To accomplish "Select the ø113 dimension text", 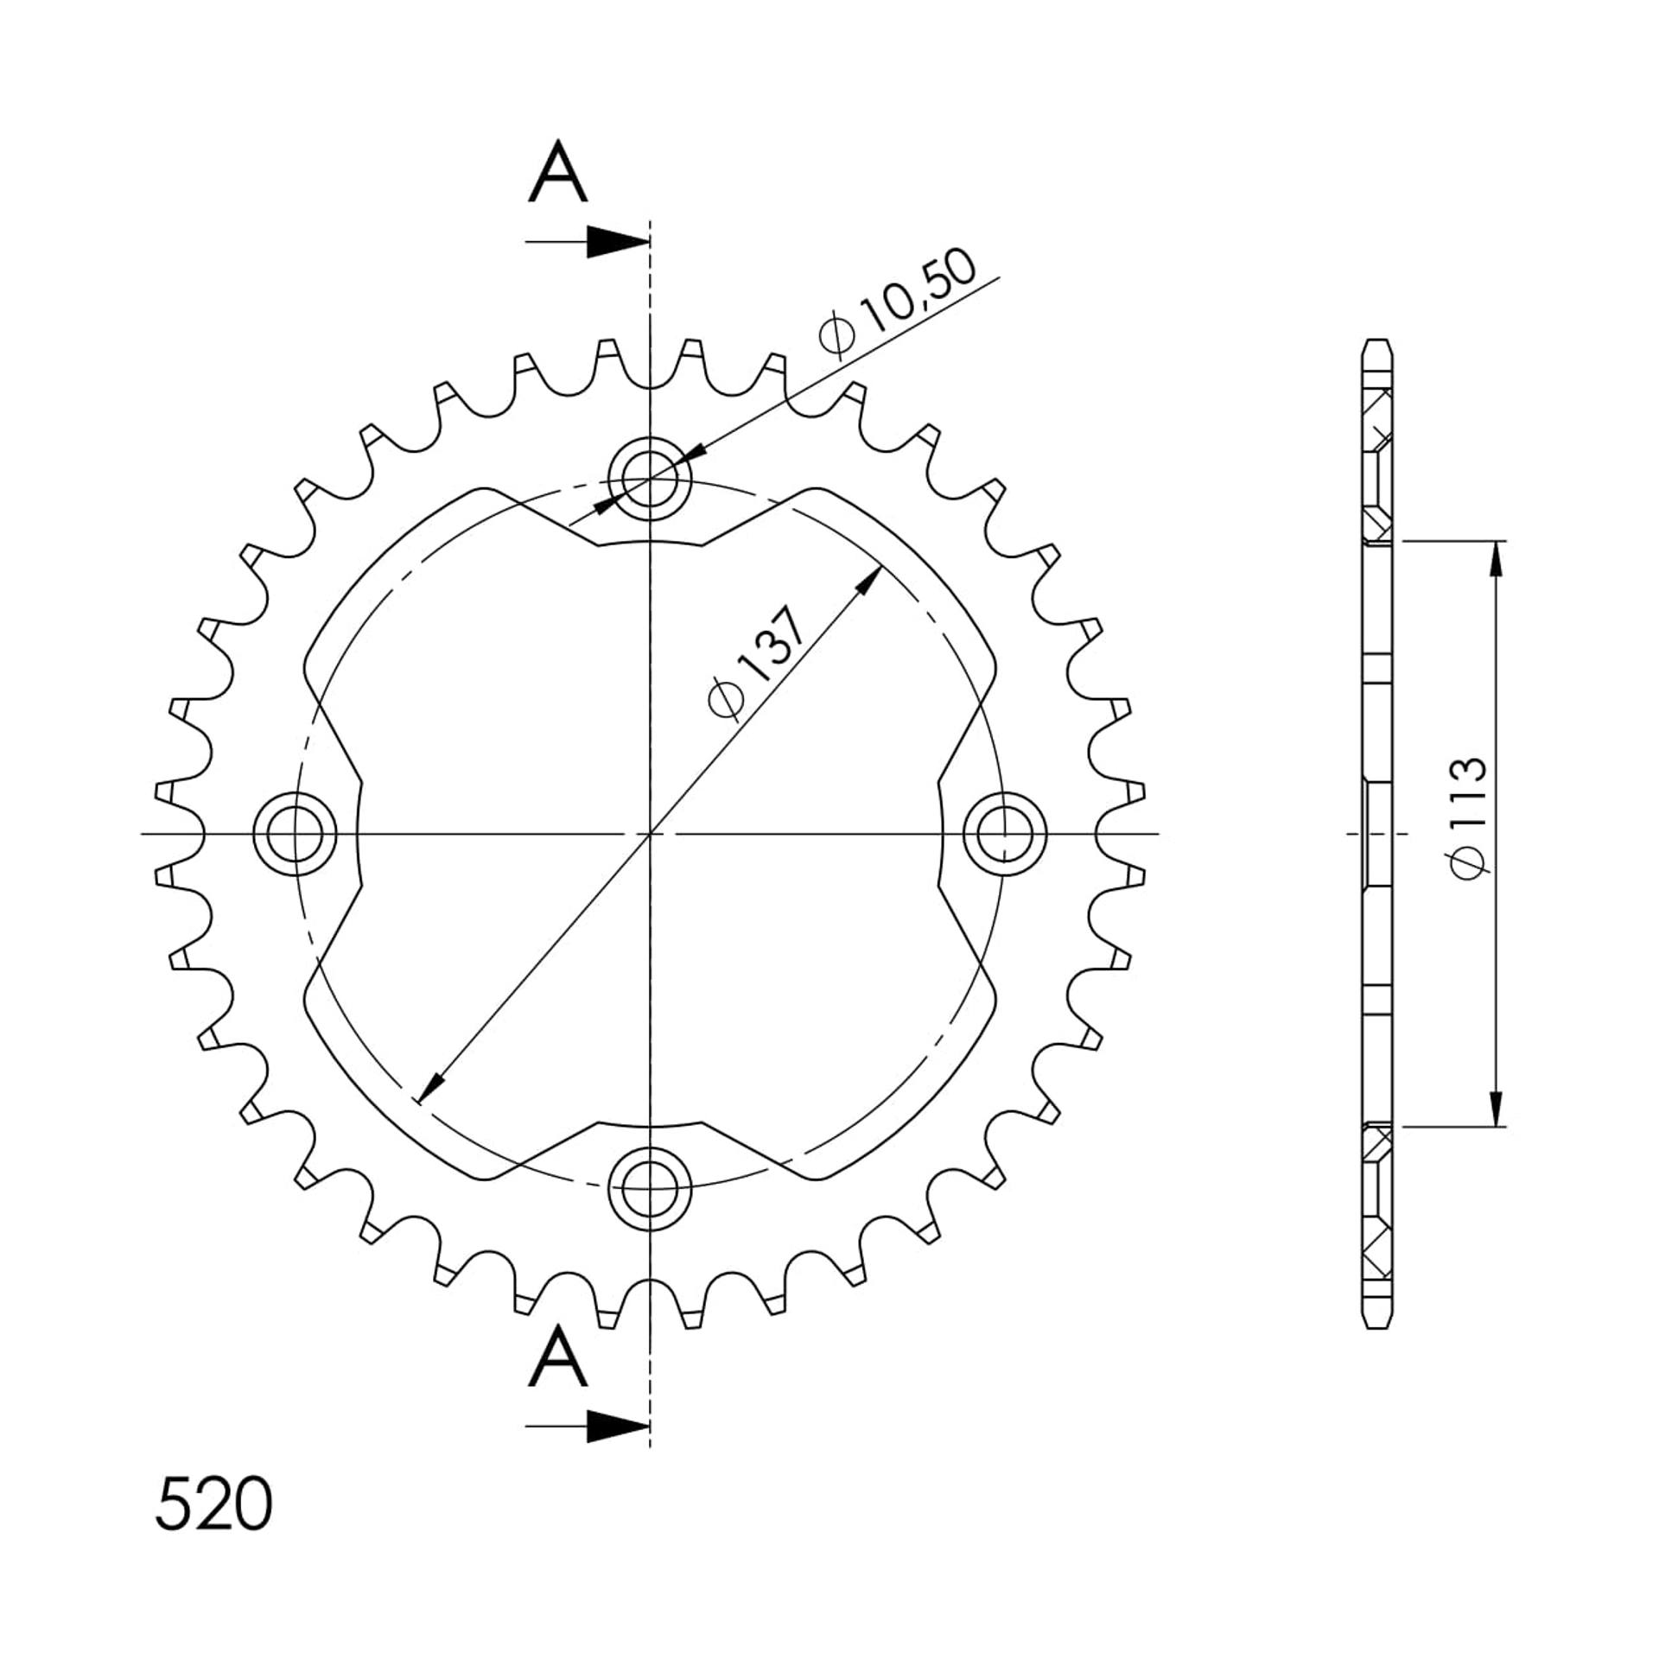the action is [x=1469, y=818].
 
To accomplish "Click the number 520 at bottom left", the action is [x=213, y=1504].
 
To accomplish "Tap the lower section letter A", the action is [x=558, y=1357].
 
